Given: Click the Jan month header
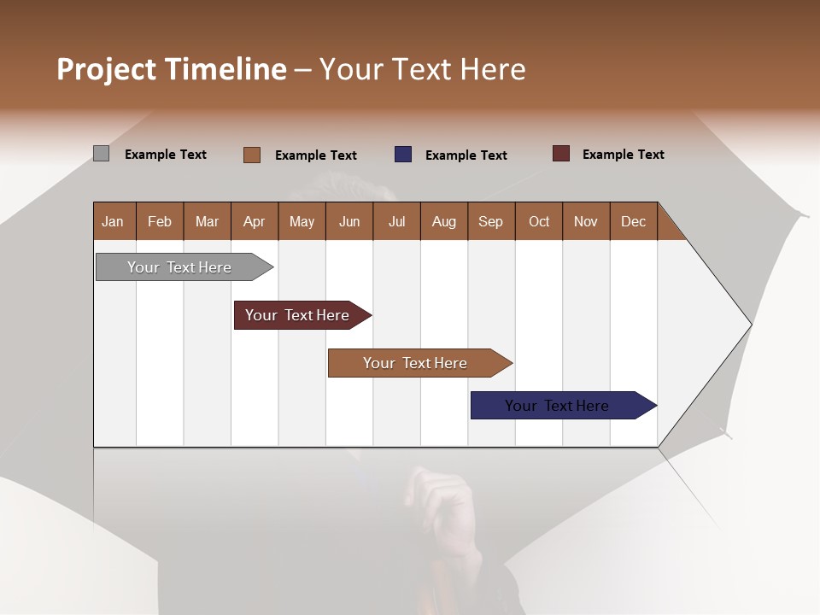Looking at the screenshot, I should [113, 221].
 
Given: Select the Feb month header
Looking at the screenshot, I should [160, 221].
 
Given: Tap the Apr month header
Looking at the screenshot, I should [254, 221].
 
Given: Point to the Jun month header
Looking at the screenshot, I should [349, 221].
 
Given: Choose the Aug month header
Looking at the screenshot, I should [443, 221].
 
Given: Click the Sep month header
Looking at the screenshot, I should [490, 221].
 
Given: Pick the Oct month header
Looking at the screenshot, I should [539, 221].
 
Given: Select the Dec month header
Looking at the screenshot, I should [633, 221].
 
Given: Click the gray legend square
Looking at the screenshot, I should [101, 154].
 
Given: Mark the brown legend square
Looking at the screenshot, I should [252, 155].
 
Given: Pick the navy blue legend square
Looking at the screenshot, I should [403, 155].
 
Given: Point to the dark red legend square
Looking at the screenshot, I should [561, 154].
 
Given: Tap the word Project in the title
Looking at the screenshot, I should [107, 69].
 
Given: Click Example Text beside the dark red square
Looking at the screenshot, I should [623, 155].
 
